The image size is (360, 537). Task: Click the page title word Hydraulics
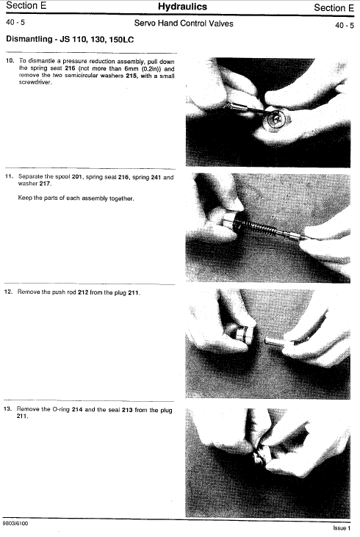pos(182,7)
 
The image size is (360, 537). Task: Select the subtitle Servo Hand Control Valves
pos(184,24)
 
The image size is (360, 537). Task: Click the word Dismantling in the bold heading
pos(29,39)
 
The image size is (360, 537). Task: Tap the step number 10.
pos(10,61)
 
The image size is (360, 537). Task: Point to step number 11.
pos(9,176)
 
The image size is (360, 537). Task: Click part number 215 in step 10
pos(132,76)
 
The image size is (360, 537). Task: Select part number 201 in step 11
pos(76,177)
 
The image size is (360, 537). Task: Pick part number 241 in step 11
pos(156,177)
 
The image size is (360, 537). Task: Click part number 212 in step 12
pos(83,292)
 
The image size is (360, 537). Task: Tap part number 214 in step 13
pos(77,409)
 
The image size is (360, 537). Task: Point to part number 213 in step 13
pos(127,410)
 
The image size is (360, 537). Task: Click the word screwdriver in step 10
pos(35,82)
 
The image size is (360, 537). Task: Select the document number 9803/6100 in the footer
pos(15,523)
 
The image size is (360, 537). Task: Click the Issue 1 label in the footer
pos(342,528)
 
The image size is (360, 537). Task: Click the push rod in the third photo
pos(276,340)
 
